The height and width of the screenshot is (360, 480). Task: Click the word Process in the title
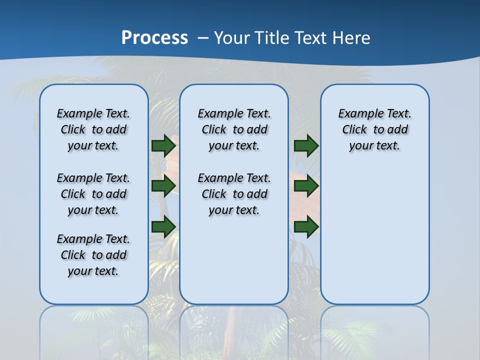pyautogui.click(x=154, y=37)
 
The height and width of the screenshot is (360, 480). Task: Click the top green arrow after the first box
pyautogui.click(x=163, y=145)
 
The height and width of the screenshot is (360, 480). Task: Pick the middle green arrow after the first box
pyautogui.click(x=163, y=186)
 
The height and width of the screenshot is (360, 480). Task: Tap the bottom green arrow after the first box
pyautogui.click(x=163, y=227)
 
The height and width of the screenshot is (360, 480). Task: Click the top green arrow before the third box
pyautogui.click(x=306, y=145)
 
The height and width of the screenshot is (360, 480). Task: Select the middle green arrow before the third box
pyautogui.click(x=306, y=186)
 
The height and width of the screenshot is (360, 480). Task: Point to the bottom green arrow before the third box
pyautogui.click(x=306, y=227)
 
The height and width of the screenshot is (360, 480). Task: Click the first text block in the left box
pyautogui.click(x=93, y=129)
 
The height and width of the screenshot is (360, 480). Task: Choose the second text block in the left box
pyautogui.click(x=93, y=194)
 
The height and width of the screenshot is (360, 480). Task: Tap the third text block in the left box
pyautogui.click(x=93, y=255)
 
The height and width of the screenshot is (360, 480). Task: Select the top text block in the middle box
pyautogui.click(x=234, y=129)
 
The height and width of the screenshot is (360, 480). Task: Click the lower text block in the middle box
pyautogui.click(x=234, y=194)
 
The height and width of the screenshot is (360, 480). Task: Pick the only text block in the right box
pyautogui.click(x=374, y=129)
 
